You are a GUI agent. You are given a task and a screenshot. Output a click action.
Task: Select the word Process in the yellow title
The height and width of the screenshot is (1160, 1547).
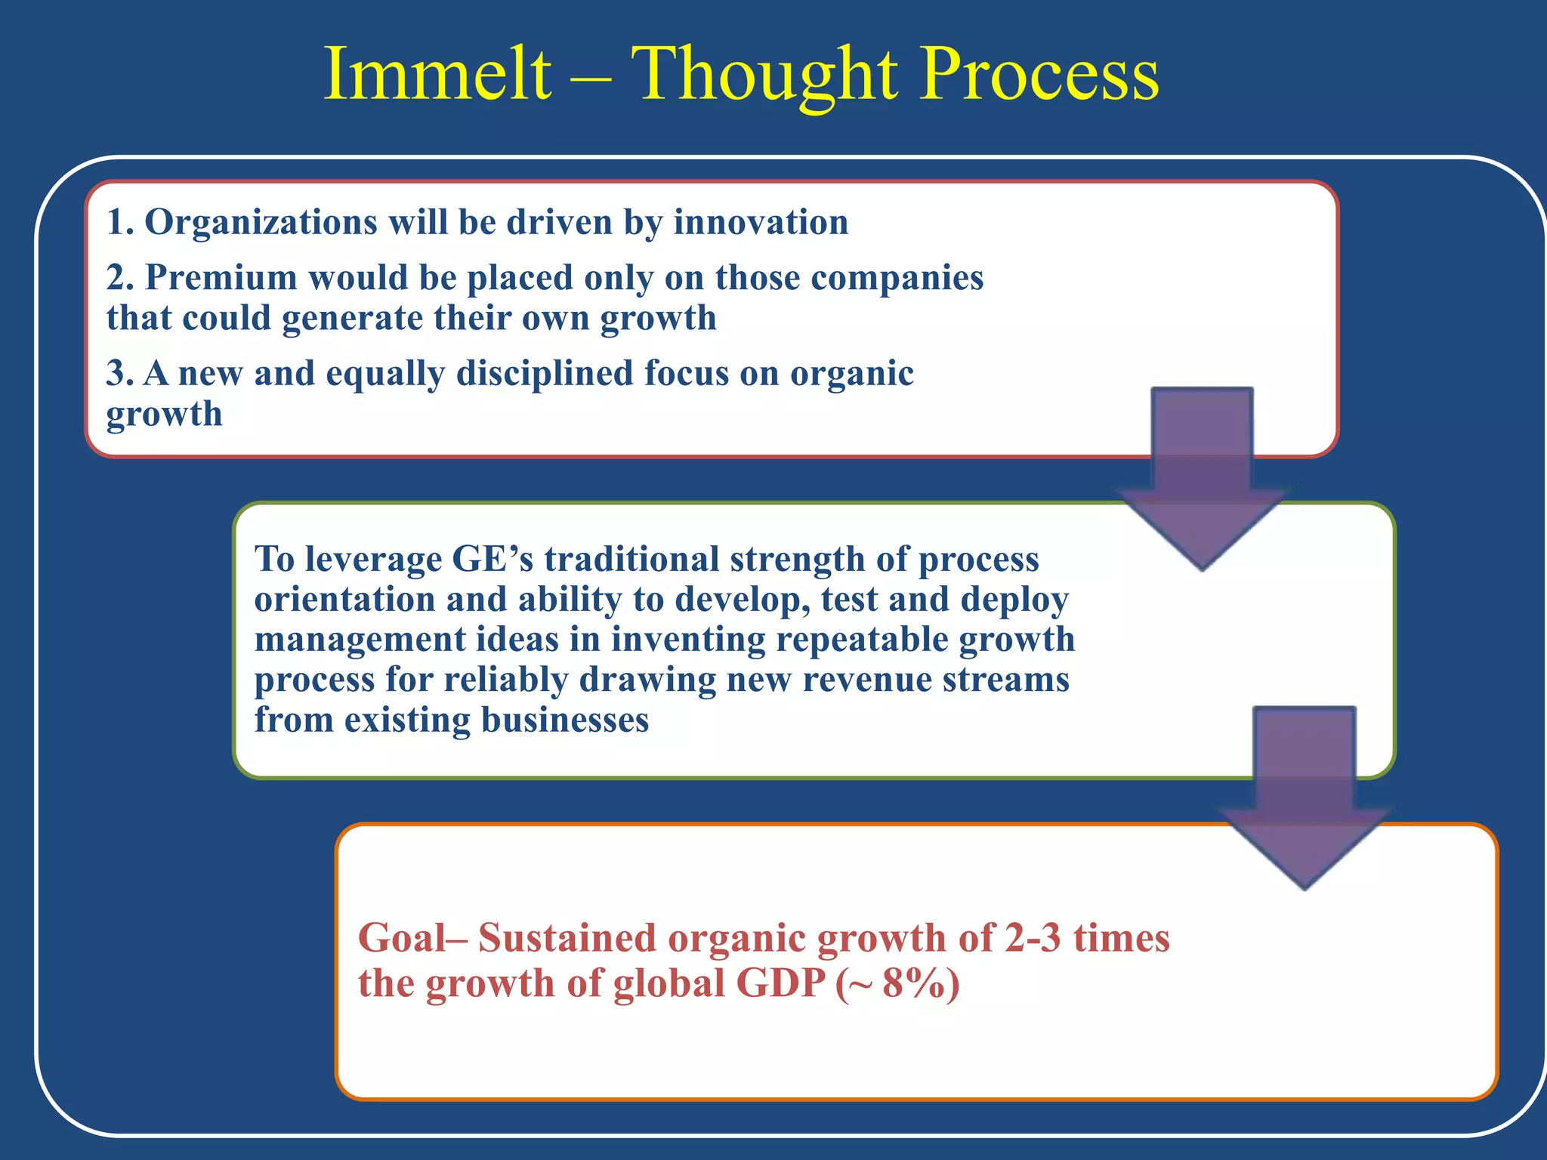[1040, 74]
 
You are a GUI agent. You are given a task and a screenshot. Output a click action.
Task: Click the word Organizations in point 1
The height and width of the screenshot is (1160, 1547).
[261, 223]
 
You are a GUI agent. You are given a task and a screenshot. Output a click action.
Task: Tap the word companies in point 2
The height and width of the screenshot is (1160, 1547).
[897, 278]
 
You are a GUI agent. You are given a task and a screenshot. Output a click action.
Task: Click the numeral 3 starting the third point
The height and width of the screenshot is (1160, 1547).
[116, 374]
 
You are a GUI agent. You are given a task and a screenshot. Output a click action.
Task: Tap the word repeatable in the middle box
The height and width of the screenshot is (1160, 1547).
[861, 640]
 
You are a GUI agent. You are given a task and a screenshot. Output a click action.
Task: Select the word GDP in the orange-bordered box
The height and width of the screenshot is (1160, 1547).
[780, 984]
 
